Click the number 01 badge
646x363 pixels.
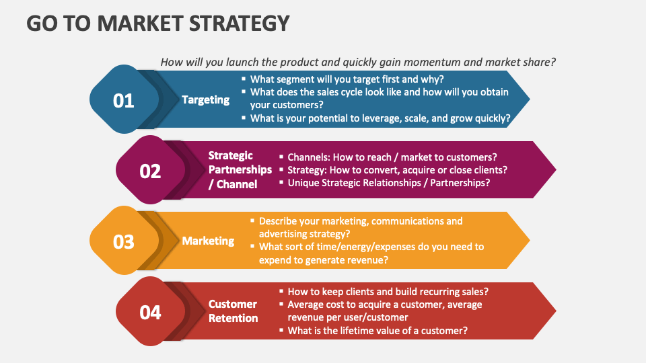point(123,100)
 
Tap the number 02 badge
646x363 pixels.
point(150,171)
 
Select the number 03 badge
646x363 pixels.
point(123,241)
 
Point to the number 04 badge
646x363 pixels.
point(150,312)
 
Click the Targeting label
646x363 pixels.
point(205,99)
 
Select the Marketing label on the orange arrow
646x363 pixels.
point(208,241)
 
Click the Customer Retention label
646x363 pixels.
point(233,311)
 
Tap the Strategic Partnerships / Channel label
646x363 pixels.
point(240,170)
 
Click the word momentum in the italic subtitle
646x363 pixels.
point(431,62)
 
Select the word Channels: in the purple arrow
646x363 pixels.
point(310,157)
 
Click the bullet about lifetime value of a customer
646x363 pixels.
point(378,330)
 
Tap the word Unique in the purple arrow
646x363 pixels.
point(303,182)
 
